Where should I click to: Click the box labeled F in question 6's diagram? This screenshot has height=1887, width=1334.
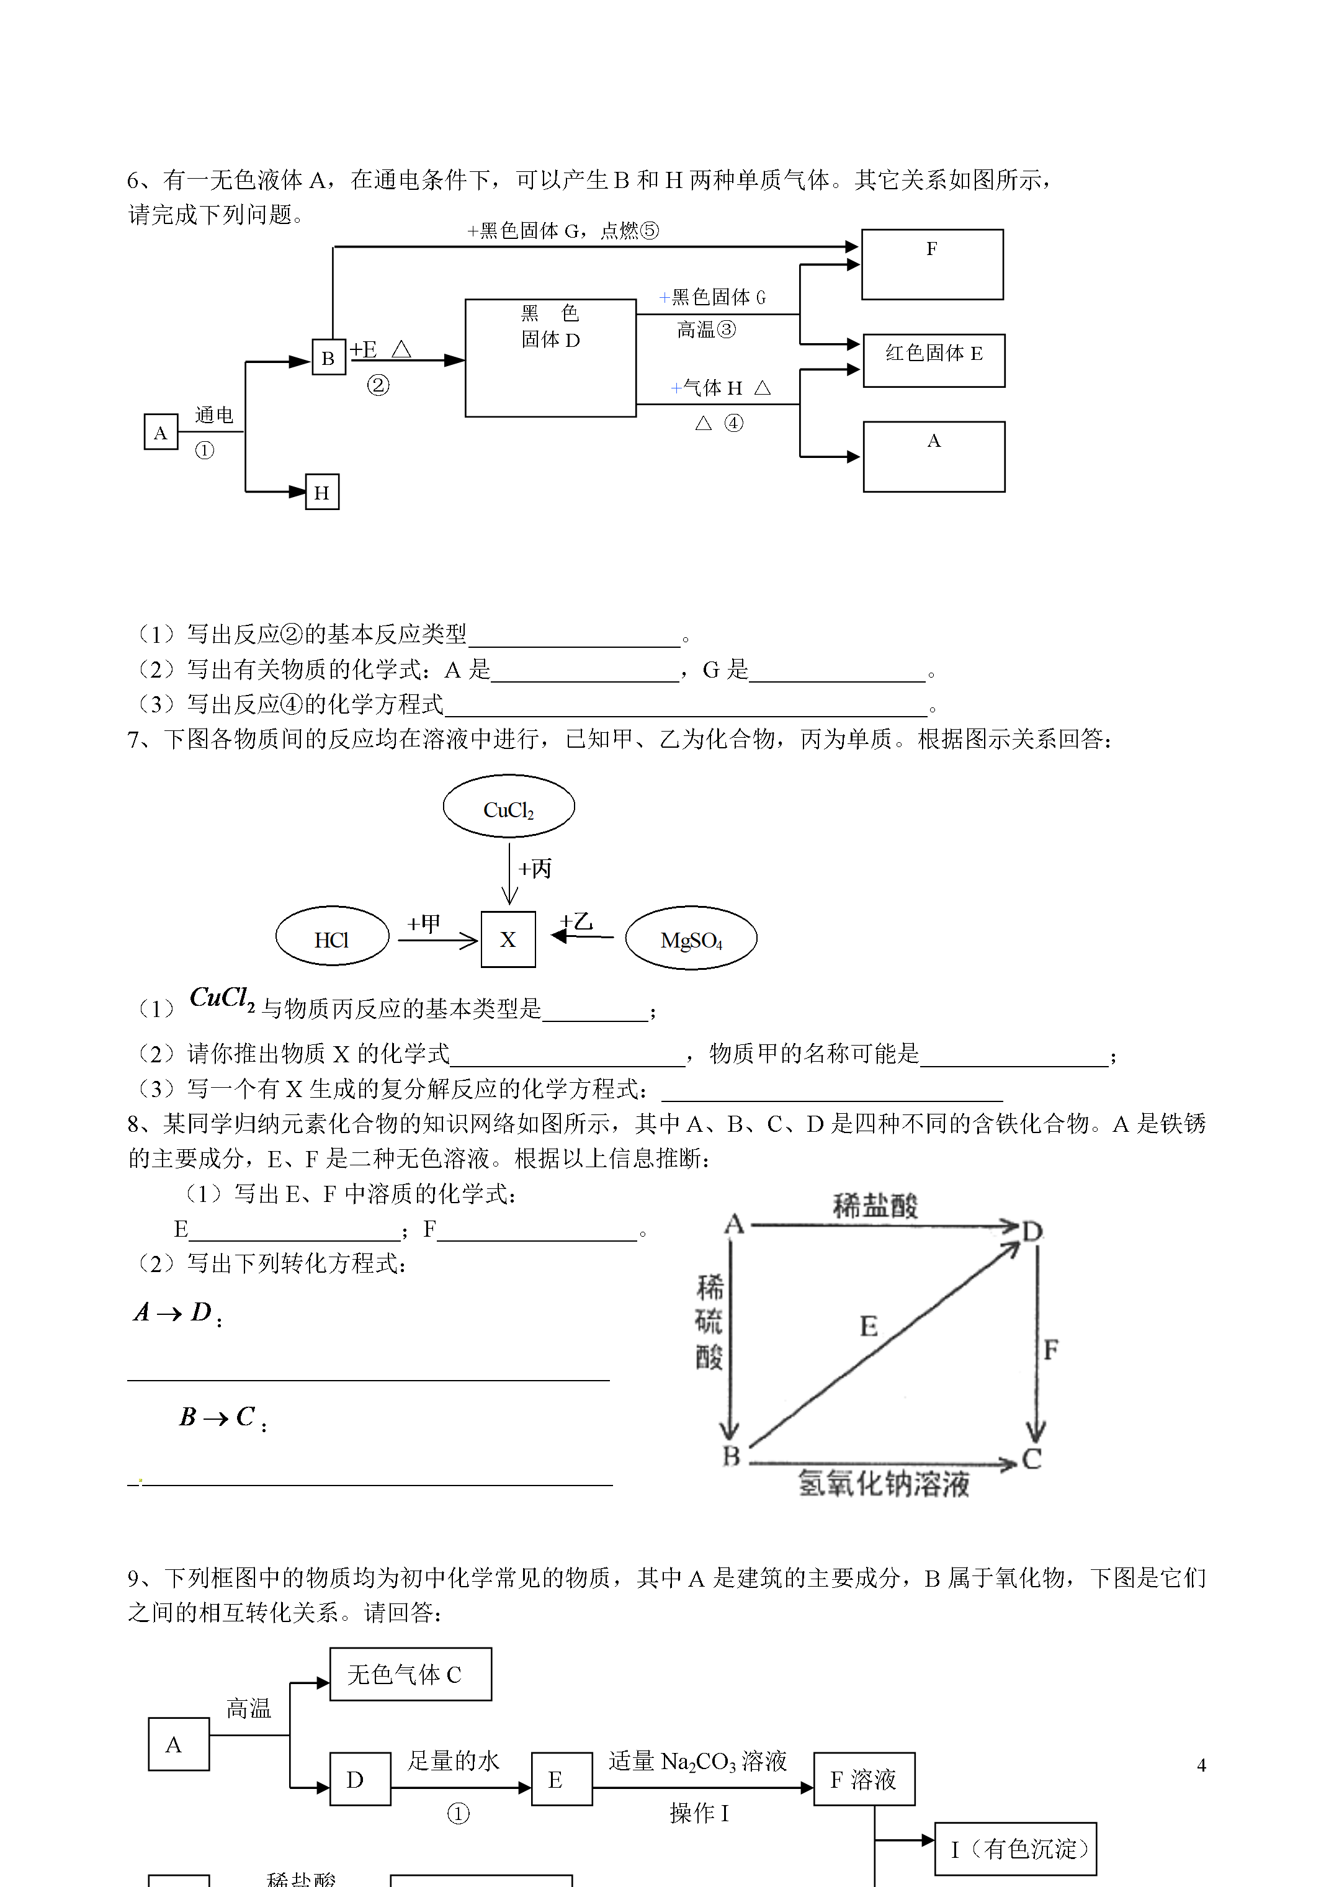click(x=932, y=264)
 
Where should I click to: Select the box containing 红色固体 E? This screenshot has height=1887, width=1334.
click(x=934, y=360)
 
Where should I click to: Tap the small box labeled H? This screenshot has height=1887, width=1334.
click(x=321, y=492)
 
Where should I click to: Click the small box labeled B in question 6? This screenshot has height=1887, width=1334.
click(x=328, y=357)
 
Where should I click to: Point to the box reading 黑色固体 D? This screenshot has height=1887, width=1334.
click(x=550, y=357)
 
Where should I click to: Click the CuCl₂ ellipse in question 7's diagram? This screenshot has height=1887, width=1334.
click(x=509, y=806)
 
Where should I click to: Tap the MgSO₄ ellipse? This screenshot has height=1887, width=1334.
click(x=691, y=939)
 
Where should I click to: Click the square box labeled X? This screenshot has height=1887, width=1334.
click(x=508, y=939)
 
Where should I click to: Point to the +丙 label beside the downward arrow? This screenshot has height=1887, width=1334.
click(x=535, y=869)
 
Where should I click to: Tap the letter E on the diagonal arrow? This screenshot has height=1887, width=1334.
click(x=869, y=1325)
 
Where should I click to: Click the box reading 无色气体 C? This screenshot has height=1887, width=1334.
click(x=410, y=1674)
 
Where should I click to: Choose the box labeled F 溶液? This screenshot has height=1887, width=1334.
click(x=864, y=1779)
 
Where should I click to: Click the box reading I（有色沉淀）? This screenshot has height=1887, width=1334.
click(x=1015, y=1849)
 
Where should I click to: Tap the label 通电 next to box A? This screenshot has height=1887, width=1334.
click(x=213, y=415)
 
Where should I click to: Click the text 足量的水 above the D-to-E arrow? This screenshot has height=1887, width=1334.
click(x=454, y=1760)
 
